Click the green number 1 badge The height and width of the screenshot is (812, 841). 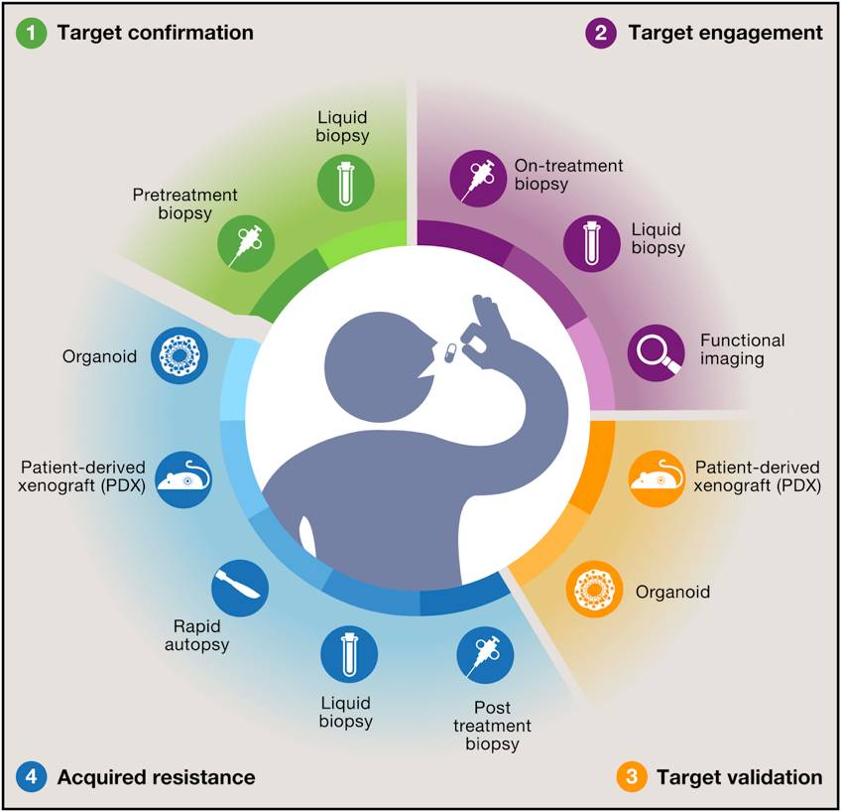34,32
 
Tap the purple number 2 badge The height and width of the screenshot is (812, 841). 601,32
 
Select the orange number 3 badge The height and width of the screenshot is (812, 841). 629,776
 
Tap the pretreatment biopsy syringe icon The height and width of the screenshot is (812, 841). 244,241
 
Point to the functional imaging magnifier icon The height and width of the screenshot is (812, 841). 658,350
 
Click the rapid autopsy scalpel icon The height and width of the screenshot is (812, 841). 241,588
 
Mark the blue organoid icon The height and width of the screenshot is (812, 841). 180,355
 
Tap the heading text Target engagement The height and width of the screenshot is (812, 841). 725,32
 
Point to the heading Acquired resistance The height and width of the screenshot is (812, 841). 156,776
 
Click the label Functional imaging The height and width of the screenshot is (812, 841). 742,349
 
